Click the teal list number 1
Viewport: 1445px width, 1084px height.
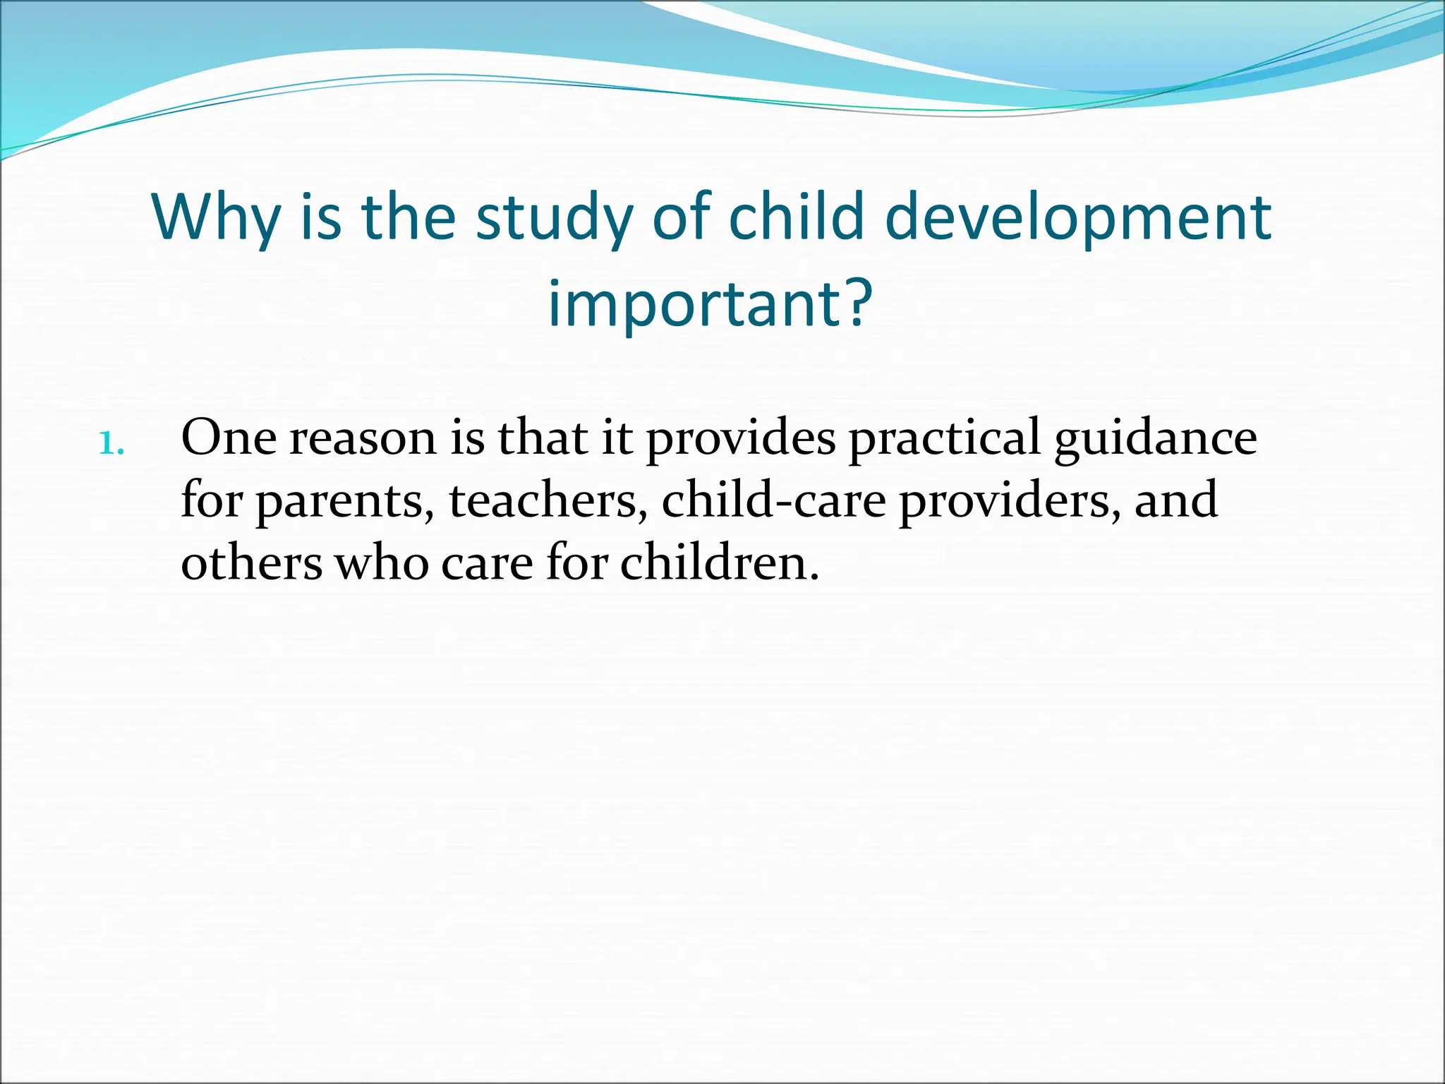[111, 444]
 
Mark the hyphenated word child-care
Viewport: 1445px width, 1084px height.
[773, 500]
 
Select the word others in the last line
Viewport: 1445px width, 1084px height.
[251, 563]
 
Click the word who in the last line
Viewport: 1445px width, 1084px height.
[381, 563]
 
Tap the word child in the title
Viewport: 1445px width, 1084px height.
[796, 217]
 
